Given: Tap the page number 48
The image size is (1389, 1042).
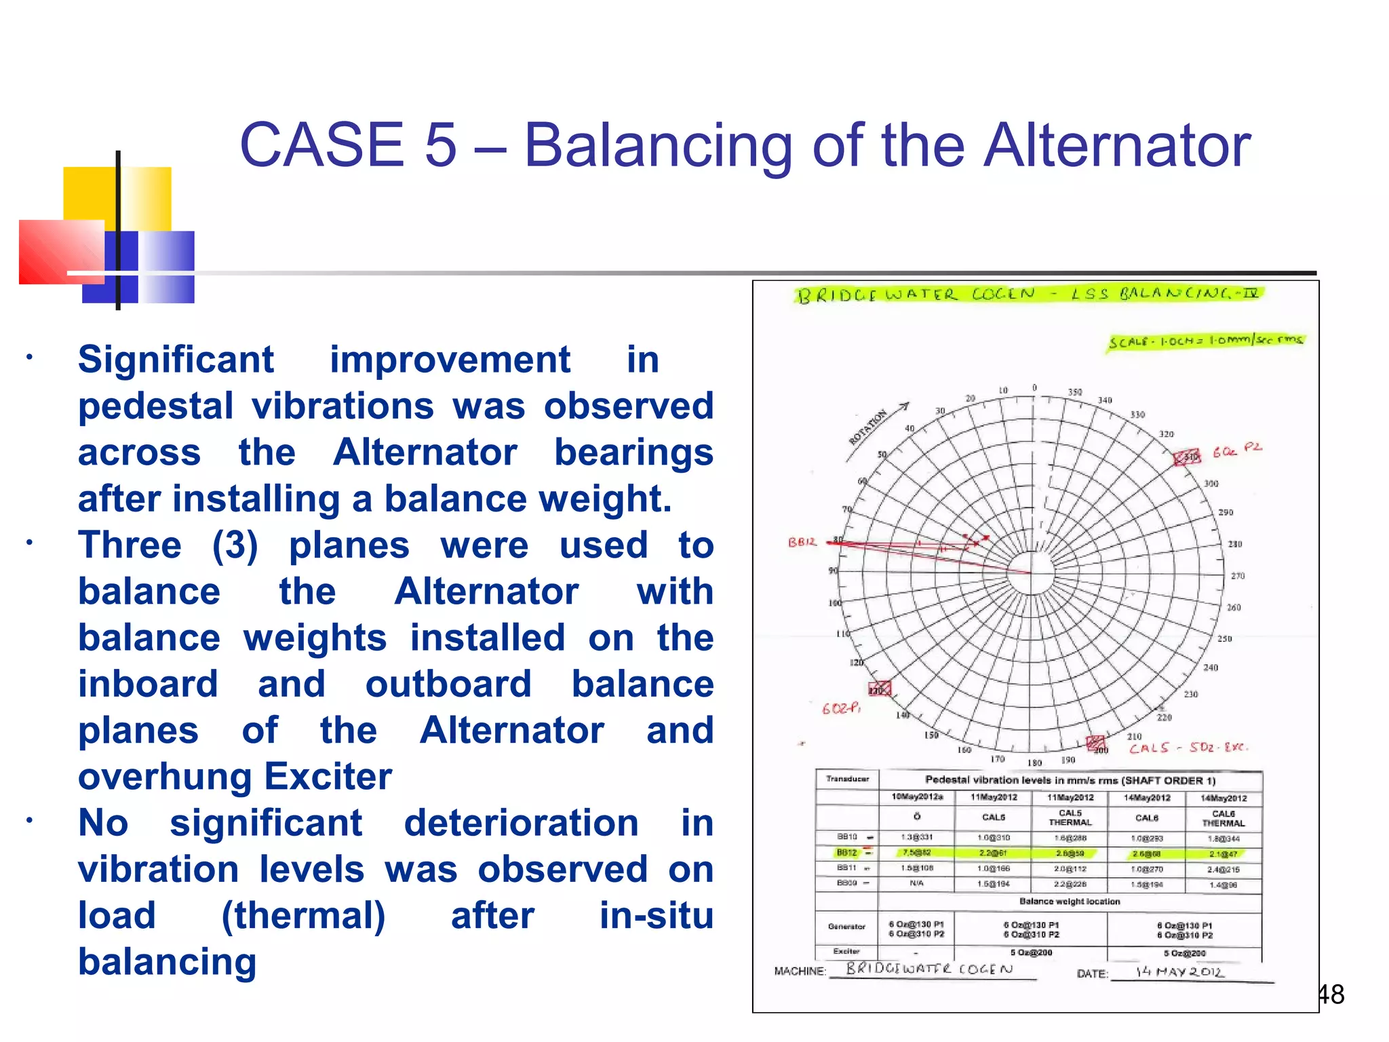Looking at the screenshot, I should click(1331, 995).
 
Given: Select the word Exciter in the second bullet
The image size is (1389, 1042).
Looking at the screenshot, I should click(328, 776).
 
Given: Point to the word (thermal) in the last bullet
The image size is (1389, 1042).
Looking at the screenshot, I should click(303, 915).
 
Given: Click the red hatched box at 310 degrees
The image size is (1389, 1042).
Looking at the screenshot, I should click(1187, 457).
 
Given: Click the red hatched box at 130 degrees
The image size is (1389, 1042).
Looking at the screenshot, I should click(880, 689).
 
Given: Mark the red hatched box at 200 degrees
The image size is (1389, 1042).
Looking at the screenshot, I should click(1095, 743).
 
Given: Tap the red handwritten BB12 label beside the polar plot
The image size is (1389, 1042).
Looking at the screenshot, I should click(802, 542).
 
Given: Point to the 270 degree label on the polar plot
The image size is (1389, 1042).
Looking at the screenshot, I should click(1238, 576).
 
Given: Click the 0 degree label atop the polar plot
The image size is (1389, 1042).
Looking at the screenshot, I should click(1034, 388).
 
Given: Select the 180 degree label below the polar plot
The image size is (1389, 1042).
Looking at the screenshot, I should click(1034, 763).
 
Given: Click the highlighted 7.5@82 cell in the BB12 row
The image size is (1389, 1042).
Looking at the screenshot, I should click(916, 853).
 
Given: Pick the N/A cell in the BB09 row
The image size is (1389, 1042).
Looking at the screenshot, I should click(916, 883).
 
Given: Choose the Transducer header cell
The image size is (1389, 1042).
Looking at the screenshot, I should click(847, 779).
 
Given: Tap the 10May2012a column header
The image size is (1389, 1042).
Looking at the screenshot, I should click(916, 796).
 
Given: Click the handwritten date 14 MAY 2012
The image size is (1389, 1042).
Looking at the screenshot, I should click(1180, 971).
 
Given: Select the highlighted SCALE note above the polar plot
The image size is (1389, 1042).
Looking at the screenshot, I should click(1205, 341).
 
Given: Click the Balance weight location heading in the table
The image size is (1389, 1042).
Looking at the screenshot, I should click(1070, 902).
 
